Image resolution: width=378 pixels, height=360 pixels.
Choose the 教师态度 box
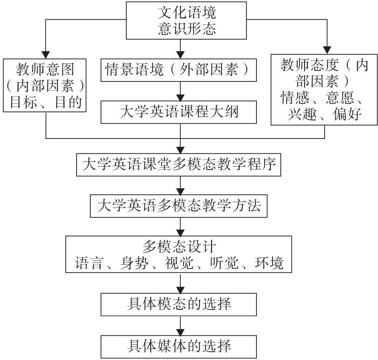tap(325, 89)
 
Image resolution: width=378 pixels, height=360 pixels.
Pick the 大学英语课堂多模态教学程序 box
tap(179, 165)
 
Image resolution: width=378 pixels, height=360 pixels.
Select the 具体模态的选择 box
tap(179, 304)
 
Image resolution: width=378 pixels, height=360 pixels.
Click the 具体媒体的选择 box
tap(179, 346)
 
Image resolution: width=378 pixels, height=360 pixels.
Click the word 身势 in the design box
tap(133, 263)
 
